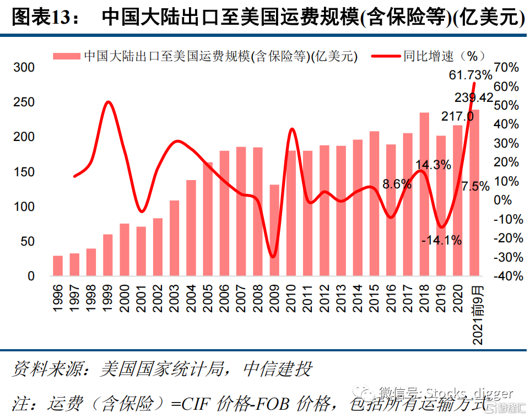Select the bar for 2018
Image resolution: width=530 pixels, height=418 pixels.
(x=424, y=193)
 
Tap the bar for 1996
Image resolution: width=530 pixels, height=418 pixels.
(x=58, y=265)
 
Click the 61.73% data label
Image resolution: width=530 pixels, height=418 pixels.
(x=470, y=74)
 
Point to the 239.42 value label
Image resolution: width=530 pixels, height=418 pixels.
(x=474, y=97)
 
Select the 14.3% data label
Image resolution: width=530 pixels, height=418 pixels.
(x=433, y=164)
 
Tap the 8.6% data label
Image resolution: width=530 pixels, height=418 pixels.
(x=397, y=184)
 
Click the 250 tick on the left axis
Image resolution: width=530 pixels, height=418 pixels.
(x=24, y=102)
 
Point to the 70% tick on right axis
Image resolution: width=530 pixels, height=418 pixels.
(x=506, y=67)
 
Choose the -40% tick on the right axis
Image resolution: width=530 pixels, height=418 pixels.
(x=507, y=276)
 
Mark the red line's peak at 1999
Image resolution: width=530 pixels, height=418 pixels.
(x=108, y=102)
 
